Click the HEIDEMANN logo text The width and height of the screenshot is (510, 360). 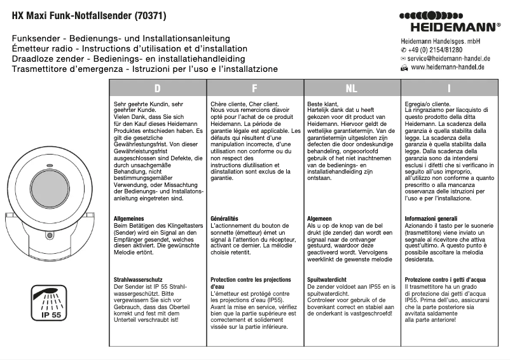click(454, 27)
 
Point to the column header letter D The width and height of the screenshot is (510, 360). click(157, 88)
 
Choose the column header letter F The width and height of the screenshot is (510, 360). click(254, 88)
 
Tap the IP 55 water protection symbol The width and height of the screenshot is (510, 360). click(49, 300)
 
